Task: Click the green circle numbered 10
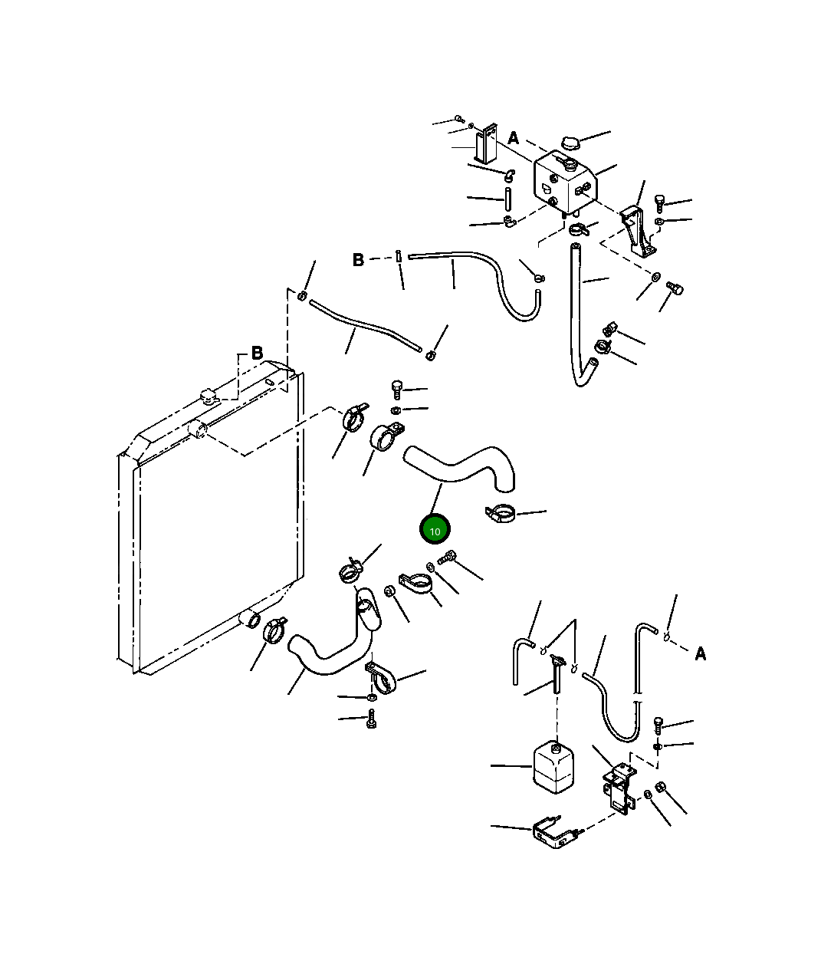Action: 435,529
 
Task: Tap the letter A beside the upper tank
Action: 513,138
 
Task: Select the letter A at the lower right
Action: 700,654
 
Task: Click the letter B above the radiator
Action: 257,353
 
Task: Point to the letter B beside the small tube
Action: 358,260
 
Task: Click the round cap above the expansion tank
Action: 570,142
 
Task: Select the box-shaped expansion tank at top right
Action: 565,184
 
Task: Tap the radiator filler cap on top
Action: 209,396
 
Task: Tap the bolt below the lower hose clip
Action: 372,719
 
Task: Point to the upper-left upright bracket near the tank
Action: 486,143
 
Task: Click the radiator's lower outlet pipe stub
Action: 250,618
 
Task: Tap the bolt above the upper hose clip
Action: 396,389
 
